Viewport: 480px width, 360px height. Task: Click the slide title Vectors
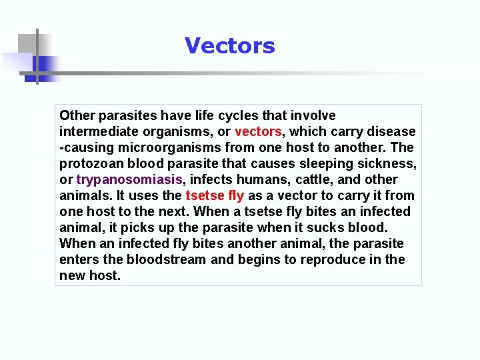229,46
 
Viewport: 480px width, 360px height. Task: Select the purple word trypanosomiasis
129,180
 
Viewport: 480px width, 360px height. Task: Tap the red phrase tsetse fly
215,196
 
